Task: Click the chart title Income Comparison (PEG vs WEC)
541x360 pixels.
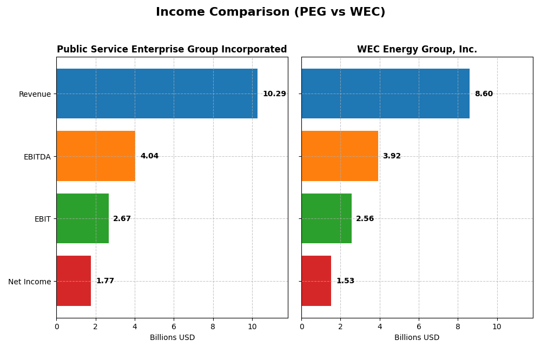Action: pyautogui.click(x=270, y=12)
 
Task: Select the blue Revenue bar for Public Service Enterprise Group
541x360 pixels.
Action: pyautogui.click(x=157, y=94)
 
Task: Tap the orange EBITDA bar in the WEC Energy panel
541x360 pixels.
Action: pyautogui.click(x=340, y=156)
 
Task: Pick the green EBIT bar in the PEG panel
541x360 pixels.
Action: pyautogui.click(x=82, y=218)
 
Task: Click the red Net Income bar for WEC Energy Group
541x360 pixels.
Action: pyautogui.click(x=316, y=281)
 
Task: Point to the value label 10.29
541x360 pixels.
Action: pyautogui.click(x=274, y=94)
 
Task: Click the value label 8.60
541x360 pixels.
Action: pyautogui.click(x=484, y=94)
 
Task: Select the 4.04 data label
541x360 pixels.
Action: pyautogui.click(x=149, y=156)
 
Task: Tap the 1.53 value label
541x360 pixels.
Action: pyautogui.click(x=345, y=281)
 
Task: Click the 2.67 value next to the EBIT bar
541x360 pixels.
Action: pyautogui.click(x=122, y=219)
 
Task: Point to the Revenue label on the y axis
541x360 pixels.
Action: pyautogui.click(x=35, y=94)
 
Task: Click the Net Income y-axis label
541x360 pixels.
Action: pyautogui.click(x=30, y=281)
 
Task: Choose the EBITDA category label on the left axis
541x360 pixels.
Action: pyautogui.click(x=37, y=157)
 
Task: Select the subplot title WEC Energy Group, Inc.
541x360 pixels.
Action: pyautogui.click(x=417, y=50)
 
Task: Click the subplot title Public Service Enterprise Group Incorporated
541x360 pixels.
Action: pyautogui.click(x=172, y=50)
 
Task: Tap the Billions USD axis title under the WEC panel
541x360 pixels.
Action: pyautogui.click(x=417, y=338)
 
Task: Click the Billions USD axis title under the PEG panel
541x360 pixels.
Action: pyautogui.click(x=172, y=338)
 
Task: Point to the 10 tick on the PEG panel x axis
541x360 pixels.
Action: pyautogui.click(x=252, y=326)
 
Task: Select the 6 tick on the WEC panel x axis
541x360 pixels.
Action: pyautogui.click(x=419, y=326)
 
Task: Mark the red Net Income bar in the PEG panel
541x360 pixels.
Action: pyautogui.click(x=74, y=281)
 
